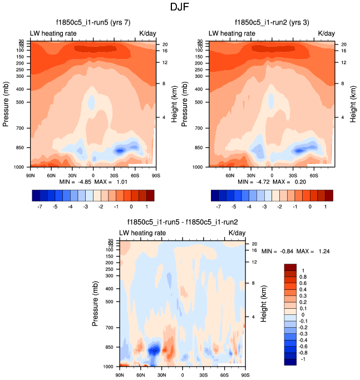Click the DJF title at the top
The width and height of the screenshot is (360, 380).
(180, 7)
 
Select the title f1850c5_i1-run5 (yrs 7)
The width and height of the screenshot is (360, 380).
(93, 23)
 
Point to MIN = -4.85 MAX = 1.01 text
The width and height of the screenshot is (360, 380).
(93, 181)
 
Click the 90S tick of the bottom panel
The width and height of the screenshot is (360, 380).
(245, 375)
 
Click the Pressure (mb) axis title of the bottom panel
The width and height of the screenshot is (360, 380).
(96, 303)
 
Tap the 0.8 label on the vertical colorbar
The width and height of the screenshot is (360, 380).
(303, 277)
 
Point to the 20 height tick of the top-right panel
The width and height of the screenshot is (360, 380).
(343, 45)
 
